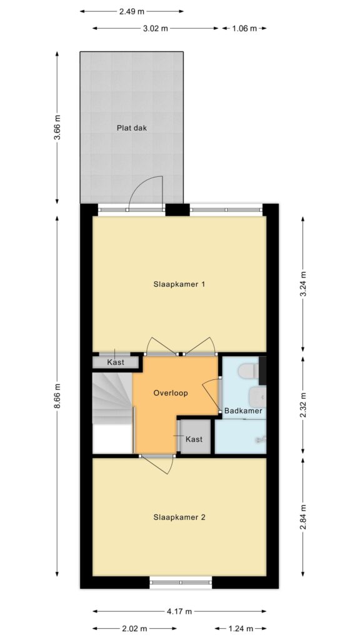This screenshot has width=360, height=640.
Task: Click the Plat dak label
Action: click(x=131, y=127)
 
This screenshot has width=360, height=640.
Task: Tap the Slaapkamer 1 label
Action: click(x=179, y=284)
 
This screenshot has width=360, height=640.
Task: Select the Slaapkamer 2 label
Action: click(x=179, y=517)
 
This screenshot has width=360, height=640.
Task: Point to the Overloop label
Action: click(x=171, y=394)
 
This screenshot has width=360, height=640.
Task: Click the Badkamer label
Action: click(x=243, y=411)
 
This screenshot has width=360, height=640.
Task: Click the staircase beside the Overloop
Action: click(x=112, y=399)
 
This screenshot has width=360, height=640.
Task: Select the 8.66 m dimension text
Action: click(x=57, y=396)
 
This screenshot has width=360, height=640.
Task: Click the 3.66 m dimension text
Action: click(x=57, y=127)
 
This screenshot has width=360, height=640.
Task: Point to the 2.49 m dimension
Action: click(x=131, y=11)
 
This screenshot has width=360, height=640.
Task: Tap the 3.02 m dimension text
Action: click(x=156, y=28)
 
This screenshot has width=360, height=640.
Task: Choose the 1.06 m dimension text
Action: click(x=244, y=28)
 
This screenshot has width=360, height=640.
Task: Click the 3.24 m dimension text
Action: click(x=303, y=284)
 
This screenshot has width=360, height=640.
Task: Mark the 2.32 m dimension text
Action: click(x=303, y=405)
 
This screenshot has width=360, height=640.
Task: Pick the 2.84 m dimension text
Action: click(x=303, y=517)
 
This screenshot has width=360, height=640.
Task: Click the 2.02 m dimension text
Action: click(x=135, y=628)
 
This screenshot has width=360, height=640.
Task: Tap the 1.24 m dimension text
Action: click(x=241, y=628)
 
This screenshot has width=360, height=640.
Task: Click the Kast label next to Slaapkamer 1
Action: click(x=116, y=362)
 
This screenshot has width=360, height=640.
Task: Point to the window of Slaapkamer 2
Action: click(x=181, y=582)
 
